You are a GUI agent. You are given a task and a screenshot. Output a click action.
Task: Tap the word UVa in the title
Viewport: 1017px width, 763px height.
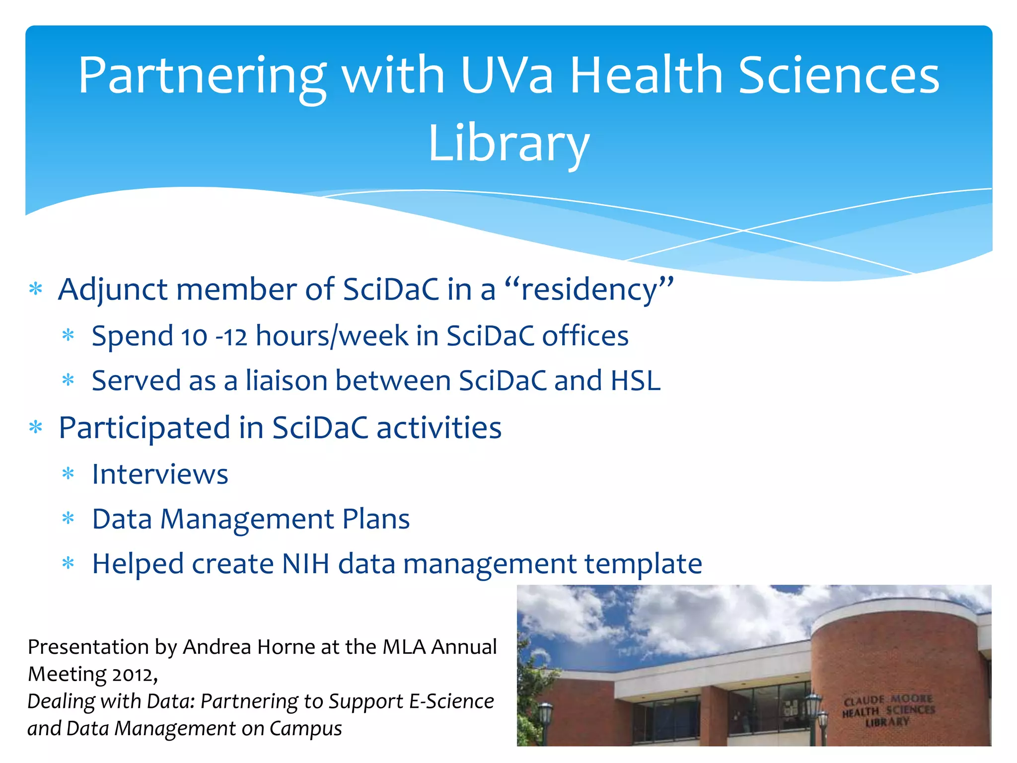pos(506,76)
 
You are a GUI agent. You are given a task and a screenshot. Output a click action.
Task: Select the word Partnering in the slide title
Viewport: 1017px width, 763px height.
pos(202,76)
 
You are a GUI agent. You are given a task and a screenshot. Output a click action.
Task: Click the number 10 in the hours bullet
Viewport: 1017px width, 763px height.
pos(194,337)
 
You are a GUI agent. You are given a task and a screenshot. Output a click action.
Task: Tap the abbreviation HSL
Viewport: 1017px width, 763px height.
pos(636,381)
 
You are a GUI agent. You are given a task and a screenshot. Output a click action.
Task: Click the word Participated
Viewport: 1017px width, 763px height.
pos(144,428)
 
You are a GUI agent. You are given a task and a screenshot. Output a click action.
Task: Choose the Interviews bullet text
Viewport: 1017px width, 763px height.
pos(160,474)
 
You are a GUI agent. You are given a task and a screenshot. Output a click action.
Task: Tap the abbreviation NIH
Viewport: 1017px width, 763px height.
pos(305,564)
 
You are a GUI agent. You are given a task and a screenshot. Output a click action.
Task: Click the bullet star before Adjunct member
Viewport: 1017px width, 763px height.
pos(36,289)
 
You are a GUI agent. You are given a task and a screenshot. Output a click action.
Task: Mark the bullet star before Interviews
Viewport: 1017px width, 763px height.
pos(68,473)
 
